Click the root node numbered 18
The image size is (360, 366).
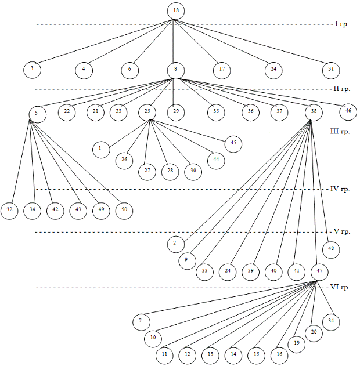[x=175, y=11]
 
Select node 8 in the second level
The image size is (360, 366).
[x=175, y=69]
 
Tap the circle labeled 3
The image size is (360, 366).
[x=32, y=69]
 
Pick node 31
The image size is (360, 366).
[x=331, y=69]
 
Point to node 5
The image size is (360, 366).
[x=36, y=113]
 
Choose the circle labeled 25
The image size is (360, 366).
[x=147, y=111]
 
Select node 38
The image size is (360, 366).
[x=314, y=111]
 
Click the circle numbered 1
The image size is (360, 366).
[x=100, y=148]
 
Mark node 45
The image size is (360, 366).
[x=233, y=144]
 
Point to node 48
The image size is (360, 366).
[x=331, y=250]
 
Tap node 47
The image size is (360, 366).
[x=319, y=271]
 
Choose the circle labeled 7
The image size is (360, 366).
[x=140, y=321]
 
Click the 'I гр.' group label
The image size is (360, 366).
[x=341, y=24]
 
